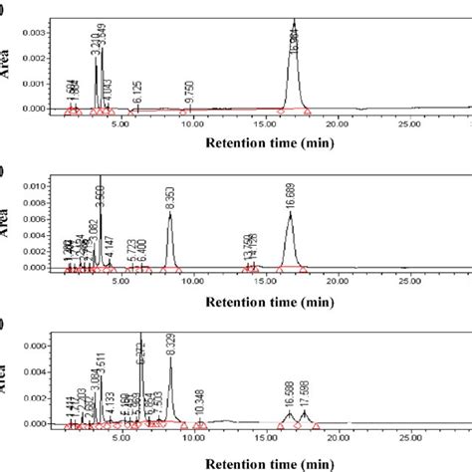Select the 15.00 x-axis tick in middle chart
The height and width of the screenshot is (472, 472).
pyautogui.click(x=264, y=283)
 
